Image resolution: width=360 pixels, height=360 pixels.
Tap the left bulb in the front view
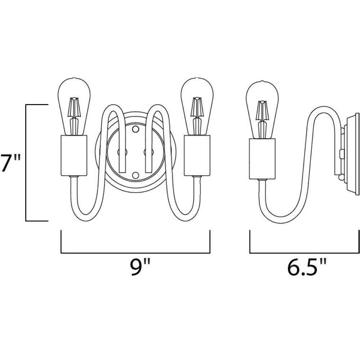[73, 107]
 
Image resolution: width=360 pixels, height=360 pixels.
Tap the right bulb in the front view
[197, 107]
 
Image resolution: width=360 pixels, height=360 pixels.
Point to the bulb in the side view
[262, 110]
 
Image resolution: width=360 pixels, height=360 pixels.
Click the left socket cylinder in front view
[74, 156]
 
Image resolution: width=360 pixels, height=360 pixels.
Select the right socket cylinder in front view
[197, 156]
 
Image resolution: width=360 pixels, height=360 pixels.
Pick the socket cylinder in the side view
[262, 159]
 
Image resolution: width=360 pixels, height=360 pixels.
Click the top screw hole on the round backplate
[136, 129]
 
